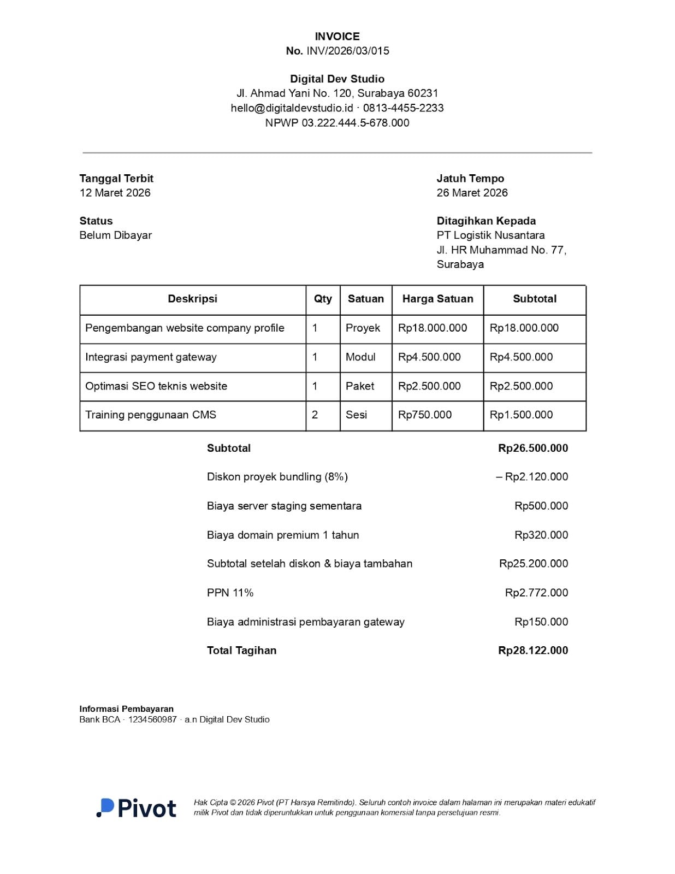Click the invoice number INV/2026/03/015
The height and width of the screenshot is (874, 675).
point(347,51)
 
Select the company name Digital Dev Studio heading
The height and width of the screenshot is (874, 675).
point(337,79)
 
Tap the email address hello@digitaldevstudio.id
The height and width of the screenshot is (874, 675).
point(292,108)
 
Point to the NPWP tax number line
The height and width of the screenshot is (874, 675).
point(337,123)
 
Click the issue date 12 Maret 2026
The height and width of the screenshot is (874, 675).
point(115,193)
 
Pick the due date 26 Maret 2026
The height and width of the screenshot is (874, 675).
point(472,193)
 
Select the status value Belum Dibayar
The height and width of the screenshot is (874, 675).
point(115,235)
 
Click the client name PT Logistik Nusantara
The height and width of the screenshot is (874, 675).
point(490,235)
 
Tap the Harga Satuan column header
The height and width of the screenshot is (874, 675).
point(437,299)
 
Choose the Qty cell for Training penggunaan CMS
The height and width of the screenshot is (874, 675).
point(315,415)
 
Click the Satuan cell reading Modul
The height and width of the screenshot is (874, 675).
point(360,357)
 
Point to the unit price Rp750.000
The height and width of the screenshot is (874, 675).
point(425,415)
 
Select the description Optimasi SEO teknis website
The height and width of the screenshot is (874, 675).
point(156,386)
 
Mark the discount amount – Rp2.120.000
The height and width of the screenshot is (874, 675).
point(532,477)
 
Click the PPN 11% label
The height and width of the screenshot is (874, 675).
point(230,593)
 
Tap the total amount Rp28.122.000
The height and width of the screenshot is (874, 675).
point(533,651)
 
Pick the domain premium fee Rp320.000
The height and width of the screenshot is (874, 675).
point(541,535)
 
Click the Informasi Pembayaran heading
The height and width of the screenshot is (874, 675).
point(126,709)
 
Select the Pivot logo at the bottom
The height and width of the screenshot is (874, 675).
point(137,808)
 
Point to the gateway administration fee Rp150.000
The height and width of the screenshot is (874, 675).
point(541,622)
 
